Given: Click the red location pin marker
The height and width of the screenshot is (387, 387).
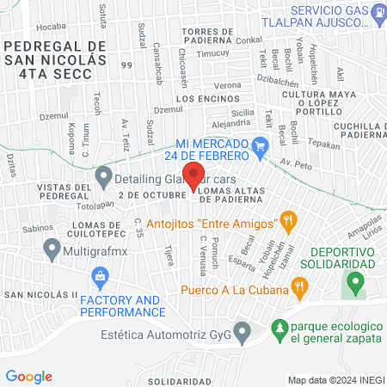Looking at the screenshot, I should [x=194, y=176].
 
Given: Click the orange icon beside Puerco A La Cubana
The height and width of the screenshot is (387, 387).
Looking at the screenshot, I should [x=299, y=286].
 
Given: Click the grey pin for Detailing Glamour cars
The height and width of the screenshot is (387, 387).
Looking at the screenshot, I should [x=104, y=177].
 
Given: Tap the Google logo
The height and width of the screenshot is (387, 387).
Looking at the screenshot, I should [x=29, y=377].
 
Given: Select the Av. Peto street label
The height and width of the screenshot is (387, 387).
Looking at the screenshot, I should [x=301, y=163].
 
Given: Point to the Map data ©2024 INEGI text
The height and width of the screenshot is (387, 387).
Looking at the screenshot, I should [x=335, y=380].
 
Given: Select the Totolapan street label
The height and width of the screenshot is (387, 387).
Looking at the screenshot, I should [x=95, y=206].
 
